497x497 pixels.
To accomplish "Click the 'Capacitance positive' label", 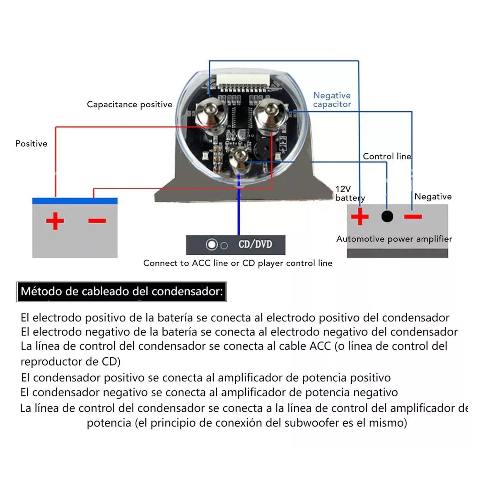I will coord(129,104).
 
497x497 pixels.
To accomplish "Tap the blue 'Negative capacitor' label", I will coord(332,100).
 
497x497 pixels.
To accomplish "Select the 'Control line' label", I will coord(387,156).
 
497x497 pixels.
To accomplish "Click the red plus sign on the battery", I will coord(55,221).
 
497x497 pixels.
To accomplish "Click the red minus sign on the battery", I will coord(97,221).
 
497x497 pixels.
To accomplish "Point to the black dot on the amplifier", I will coord(387,216).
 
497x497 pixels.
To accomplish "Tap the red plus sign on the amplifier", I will coord(359,216).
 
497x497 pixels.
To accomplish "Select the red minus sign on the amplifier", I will coord(413,216).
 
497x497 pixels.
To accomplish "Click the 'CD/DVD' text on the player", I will coord(255,244).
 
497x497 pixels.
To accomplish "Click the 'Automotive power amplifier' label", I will coord(394,239).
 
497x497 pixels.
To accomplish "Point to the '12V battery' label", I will coord(350,193).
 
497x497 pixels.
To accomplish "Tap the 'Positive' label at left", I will coord(31,144).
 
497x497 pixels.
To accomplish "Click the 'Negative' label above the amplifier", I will coord(433,197).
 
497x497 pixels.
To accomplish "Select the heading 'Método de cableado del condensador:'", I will coord(122,292).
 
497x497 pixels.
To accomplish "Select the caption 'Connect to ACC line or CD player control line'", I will coord(238,263).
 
